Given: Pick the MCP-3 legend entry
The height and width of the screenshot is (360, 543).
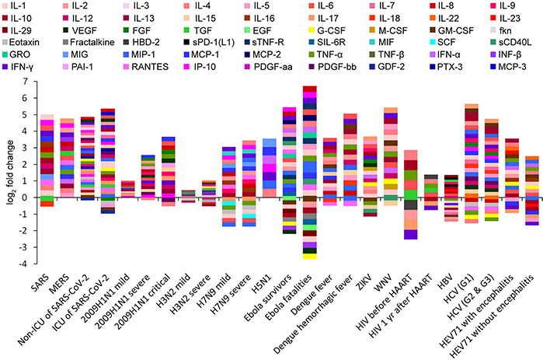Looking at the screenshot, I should coord(513,69).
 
